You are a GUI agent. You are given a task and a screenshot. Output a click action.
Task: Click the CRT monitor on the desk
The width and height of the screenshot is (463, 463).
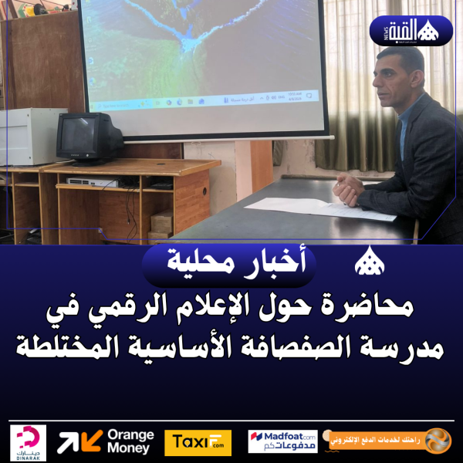click(x=90, y=137)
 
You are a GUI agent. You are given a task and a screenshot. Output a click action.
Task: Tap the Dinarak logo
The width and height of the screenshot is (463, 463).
click(x=29, y=442)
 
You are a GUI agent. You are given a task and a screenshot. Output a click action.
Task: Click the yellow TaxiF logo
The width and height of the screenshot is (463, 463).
click(x=198, y=442)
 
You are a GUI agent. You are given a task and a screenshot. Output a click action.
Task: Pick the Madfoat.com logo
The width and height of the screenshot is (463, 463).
click(x=282, y=441)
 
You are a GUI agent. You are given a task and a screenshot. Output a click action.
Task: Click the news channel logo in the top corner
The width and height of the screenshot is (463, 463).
click(x=410, y=31)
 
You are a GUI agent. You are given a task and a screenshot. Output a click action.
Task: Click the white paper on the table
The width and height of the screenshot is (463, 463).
click(x=309, y=208)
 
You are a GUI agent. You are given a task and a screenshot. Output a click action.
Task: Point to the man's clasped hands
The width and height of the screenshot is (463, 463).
click(x=350, y=190)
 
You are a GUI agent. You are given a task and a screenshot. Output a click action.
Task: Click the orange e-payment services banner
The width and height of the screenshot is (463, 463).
click(x=390, y=441)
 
